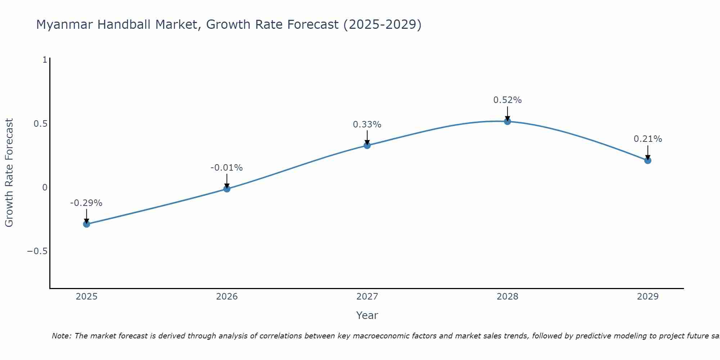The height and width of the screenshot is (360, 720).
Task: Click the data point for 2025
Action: (x=86, y=224)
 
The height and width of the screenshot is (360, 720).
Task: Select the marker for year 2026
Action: (x=227, y=189)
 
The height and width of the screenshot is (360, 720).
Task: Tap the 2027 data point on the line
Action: (x=367, y=145)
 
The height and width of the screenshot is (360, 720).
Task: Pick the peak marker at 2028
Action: (x=508, y=121)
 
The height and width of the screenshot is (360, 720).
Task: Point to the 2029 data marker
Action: (x=648, y=161)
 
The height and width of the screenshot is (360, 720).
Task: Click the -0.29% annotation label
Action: (x=86, y=203)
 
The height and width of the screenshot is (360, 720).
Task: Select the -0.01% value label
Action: (x=226, y=168)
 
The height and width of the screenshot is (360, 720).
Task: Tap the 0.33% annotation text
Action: (x=367, y=125)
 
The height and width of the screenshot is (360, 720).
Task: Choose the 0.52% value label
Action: (x=507, y=100)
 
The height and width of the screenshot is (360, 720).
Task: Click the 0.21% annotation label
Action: (x=648, y=139)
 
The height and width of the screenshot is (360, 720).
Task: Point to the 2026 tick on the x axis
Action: (x=227, y=297)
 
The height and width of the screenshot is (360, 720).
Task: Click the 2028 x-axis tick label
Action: (x=508, y=297)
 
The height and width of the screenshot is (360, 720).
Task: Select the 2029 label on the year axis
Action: (x=648, y=297)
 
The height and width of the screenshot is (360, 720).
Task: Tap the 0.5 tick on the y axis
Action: (x=40, y=124)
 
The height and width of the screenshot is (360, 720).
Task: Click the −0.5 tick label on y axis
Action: (x=37, y=251)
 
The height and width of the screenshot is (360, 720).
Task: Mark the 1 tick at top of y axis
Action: (x=45, y=60)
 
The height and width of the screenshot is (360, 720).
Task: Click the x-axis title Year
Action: (x=367, y=315)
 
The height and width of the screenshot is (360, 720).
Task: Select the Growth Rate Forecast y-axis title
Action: (x=9, y=173)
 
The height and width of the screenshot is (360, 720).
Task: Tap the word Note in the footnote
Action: (x=61, y=336)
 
